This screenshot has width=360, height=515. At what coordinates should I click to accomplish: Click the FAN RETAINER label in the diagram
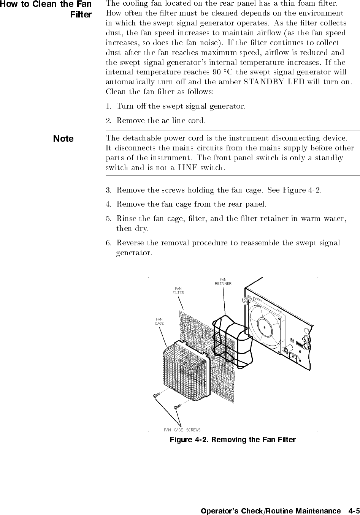[223, 281]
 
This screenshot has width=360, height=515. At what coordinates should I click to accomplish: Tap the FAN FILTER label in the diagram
[178, 291]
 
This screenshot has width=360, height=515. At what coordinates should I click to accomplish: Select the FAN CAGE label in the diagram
[159, 321]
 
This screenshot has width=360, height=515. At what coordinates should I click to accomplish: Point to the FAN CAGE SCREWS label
[182, 430]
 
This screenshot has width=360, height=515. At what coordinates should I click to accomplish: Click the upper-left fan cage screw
[156, 395]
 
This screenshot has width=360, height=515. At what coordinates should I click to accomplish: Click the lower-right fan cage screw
[177, 407]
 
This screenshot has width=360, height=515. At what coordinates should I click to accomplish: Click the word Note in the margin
[63, 139]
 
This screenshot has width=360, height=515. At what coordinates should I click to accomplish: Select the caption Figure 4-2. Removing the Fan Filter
[232, 439]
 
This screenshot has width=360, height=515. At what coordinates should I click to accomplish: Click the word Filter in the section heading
[81, 15]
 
